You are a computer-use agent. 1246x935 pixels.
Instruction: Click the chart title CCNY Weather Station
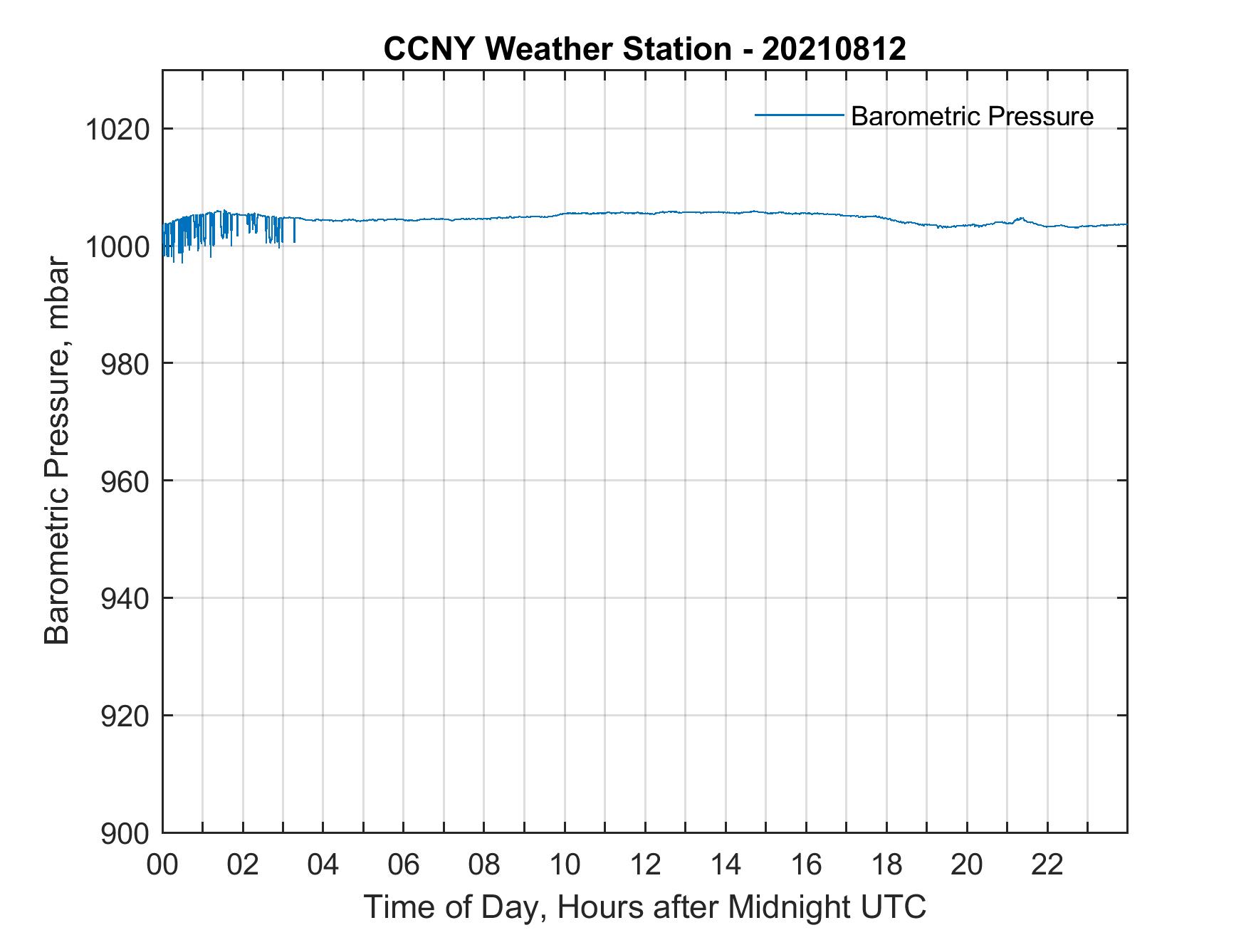click(x=557, y=48)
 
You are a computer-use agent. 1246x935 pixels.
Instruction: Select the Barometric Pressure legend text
click(x=972, y=116)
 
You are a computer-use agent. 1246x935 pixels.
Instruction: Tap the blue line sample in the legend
click(x=800, y=114)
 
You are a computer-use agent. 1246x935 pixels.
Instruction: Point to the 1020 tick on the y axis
click(x=117, y=130)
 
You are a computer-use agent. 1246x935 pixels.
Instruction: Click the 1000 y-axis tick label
click(x=117, y=247)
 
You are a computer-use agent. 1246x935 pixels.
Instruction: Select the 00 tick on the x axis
click(x=162, y=865)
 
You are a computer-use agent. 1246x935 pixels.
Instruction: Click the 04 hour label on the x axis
click(x=323, y=865)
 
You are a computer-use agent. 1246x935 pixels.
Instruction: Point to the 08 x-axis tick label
click(x=484, y=865)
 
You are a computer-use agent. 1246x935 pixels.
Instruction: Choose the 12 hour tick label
click(x=645, y=865)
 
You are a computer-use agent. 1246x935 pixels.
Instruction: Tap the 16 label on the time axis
click(x=806, y=865)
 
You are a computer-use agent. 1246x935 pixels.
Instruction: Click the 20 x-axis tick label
click(x=967, y=865)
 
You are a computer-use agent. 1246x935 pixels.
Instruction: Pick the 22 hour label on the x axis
click(x=1047, y=865)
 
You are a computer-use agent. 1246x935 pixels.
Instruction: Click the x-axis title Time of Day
click(x=645, y=907)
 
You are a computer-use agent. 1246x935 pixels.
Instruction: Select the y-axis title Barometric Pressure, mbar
click(x=57, y=451)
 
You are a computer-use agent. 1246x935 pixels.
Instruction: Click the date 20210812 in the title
click(x=834, y=48)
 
